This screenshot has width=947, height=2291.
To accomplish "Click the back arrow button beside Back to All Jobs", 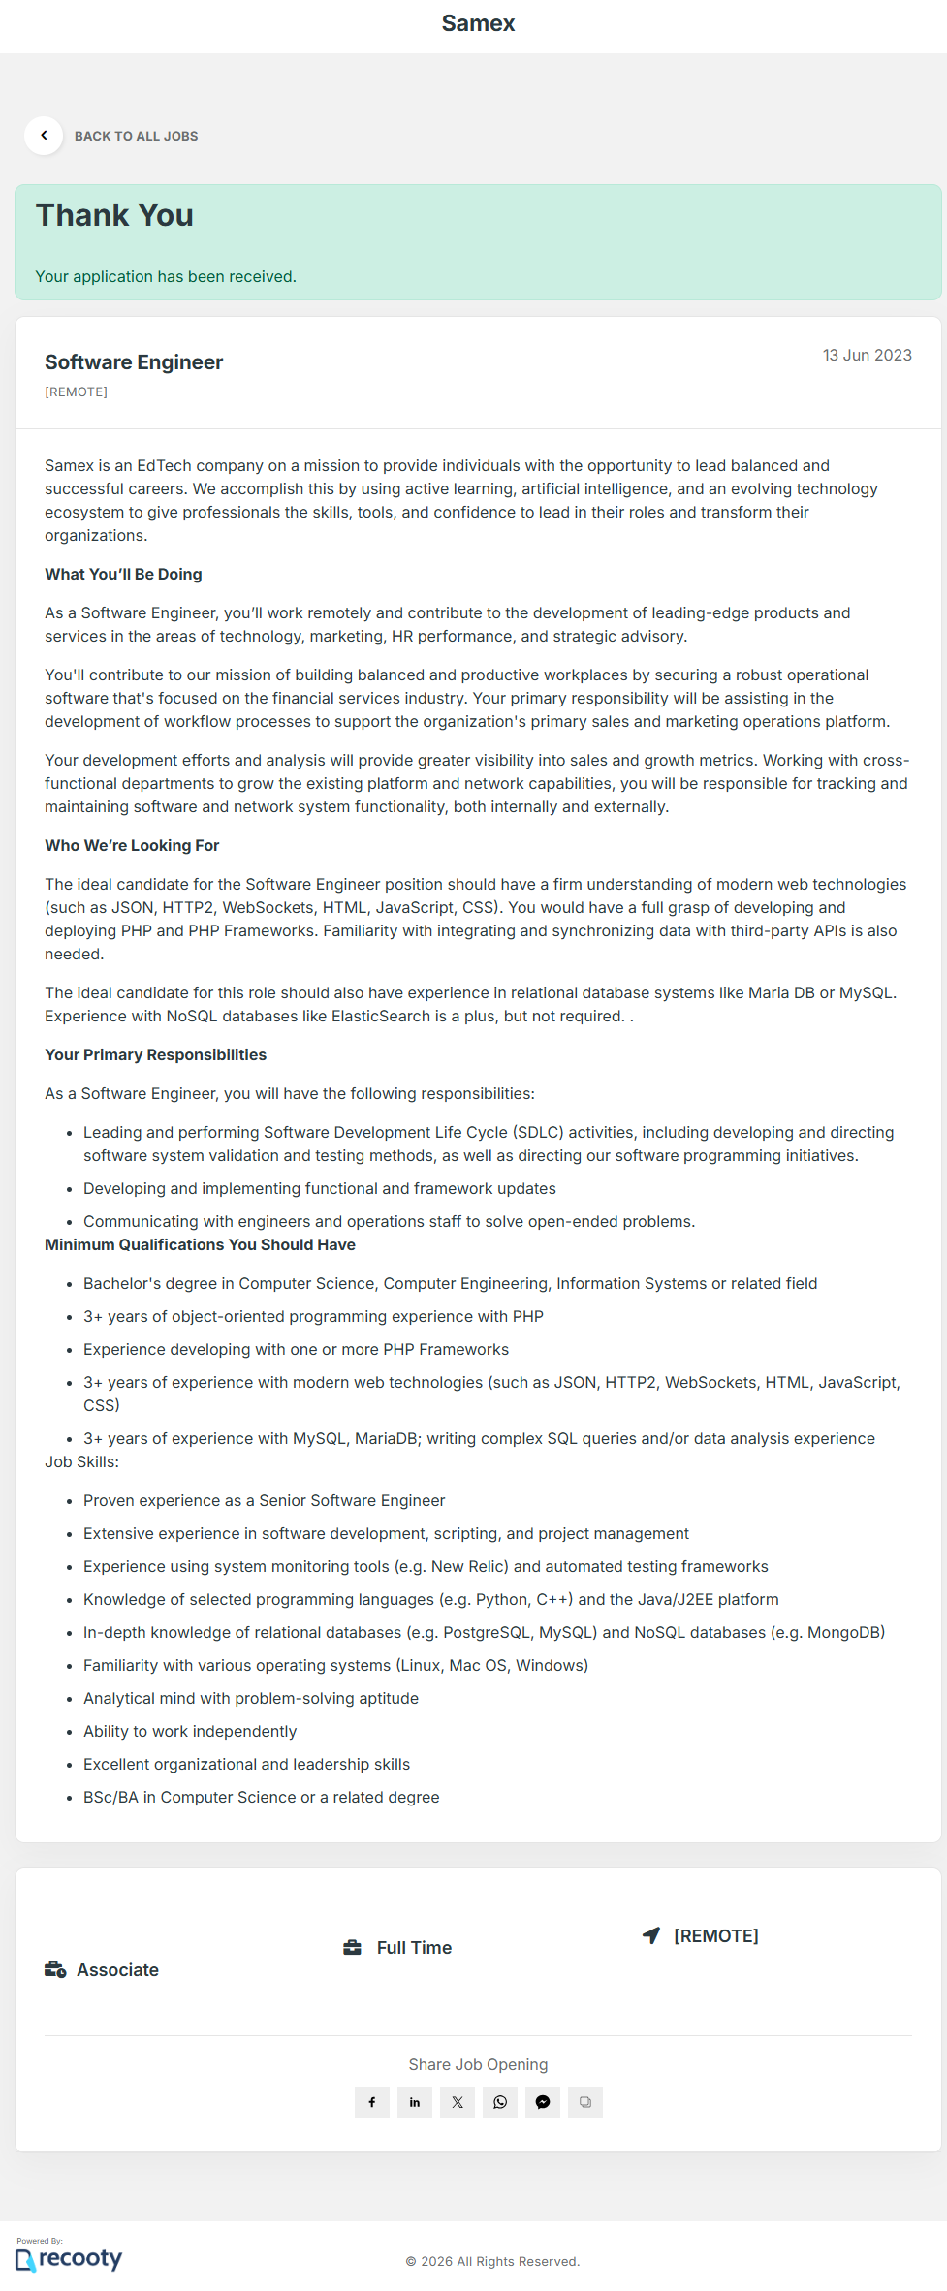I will coord(44,136).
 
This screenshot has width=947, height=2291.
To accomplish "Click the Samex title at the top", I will coord(478,23).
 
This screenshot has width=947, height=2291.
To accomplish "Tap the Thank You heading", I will coord(114,215).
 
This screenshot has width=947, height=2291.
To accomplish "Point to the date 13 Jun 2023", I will coord(867,356).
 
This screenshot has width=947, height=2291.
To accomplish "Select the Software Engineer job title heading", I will coord(134,362).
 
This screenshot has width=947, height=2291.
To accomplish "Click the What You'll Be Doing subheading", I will coord(123,575).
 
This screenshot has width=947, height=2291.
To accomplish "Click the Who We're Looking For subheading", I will coord(132,846).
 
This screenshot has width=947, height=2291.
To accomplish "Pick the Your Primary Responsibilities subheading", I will coord(155,1055).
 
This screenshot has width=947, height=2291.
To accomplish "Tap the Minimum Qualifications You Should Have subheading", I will coord(200,1245).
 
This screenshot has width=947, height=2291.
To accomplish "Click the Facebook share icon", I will coord(372,2102).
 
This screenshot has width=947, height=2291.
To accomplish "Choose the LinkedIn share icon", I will coord(415,2102).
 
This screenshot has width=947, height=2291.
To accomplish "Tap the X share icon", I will coord(458,2102).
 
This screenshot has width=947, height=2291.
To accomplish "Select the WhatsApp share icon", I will coord(500,2102).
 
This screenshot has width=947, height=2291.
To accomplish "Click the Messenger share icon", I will coord(543,2102).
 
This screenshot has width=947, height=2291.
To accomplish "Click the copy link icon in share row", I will coord(585,2102).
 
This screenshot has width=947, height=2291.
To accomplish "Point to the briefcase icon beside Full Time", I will coord(352,1948).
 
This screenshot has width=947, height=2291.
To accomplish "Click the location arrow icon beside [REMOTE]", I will coord(651,1935).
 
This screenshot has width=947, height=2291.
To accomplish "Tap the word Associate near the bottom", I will coord(117,1970).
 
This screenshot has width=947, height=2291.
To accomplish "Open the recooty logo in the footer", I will coord(70,2259).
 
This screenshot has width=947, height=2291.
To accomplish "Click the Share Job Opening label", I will coord(478,2065).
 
